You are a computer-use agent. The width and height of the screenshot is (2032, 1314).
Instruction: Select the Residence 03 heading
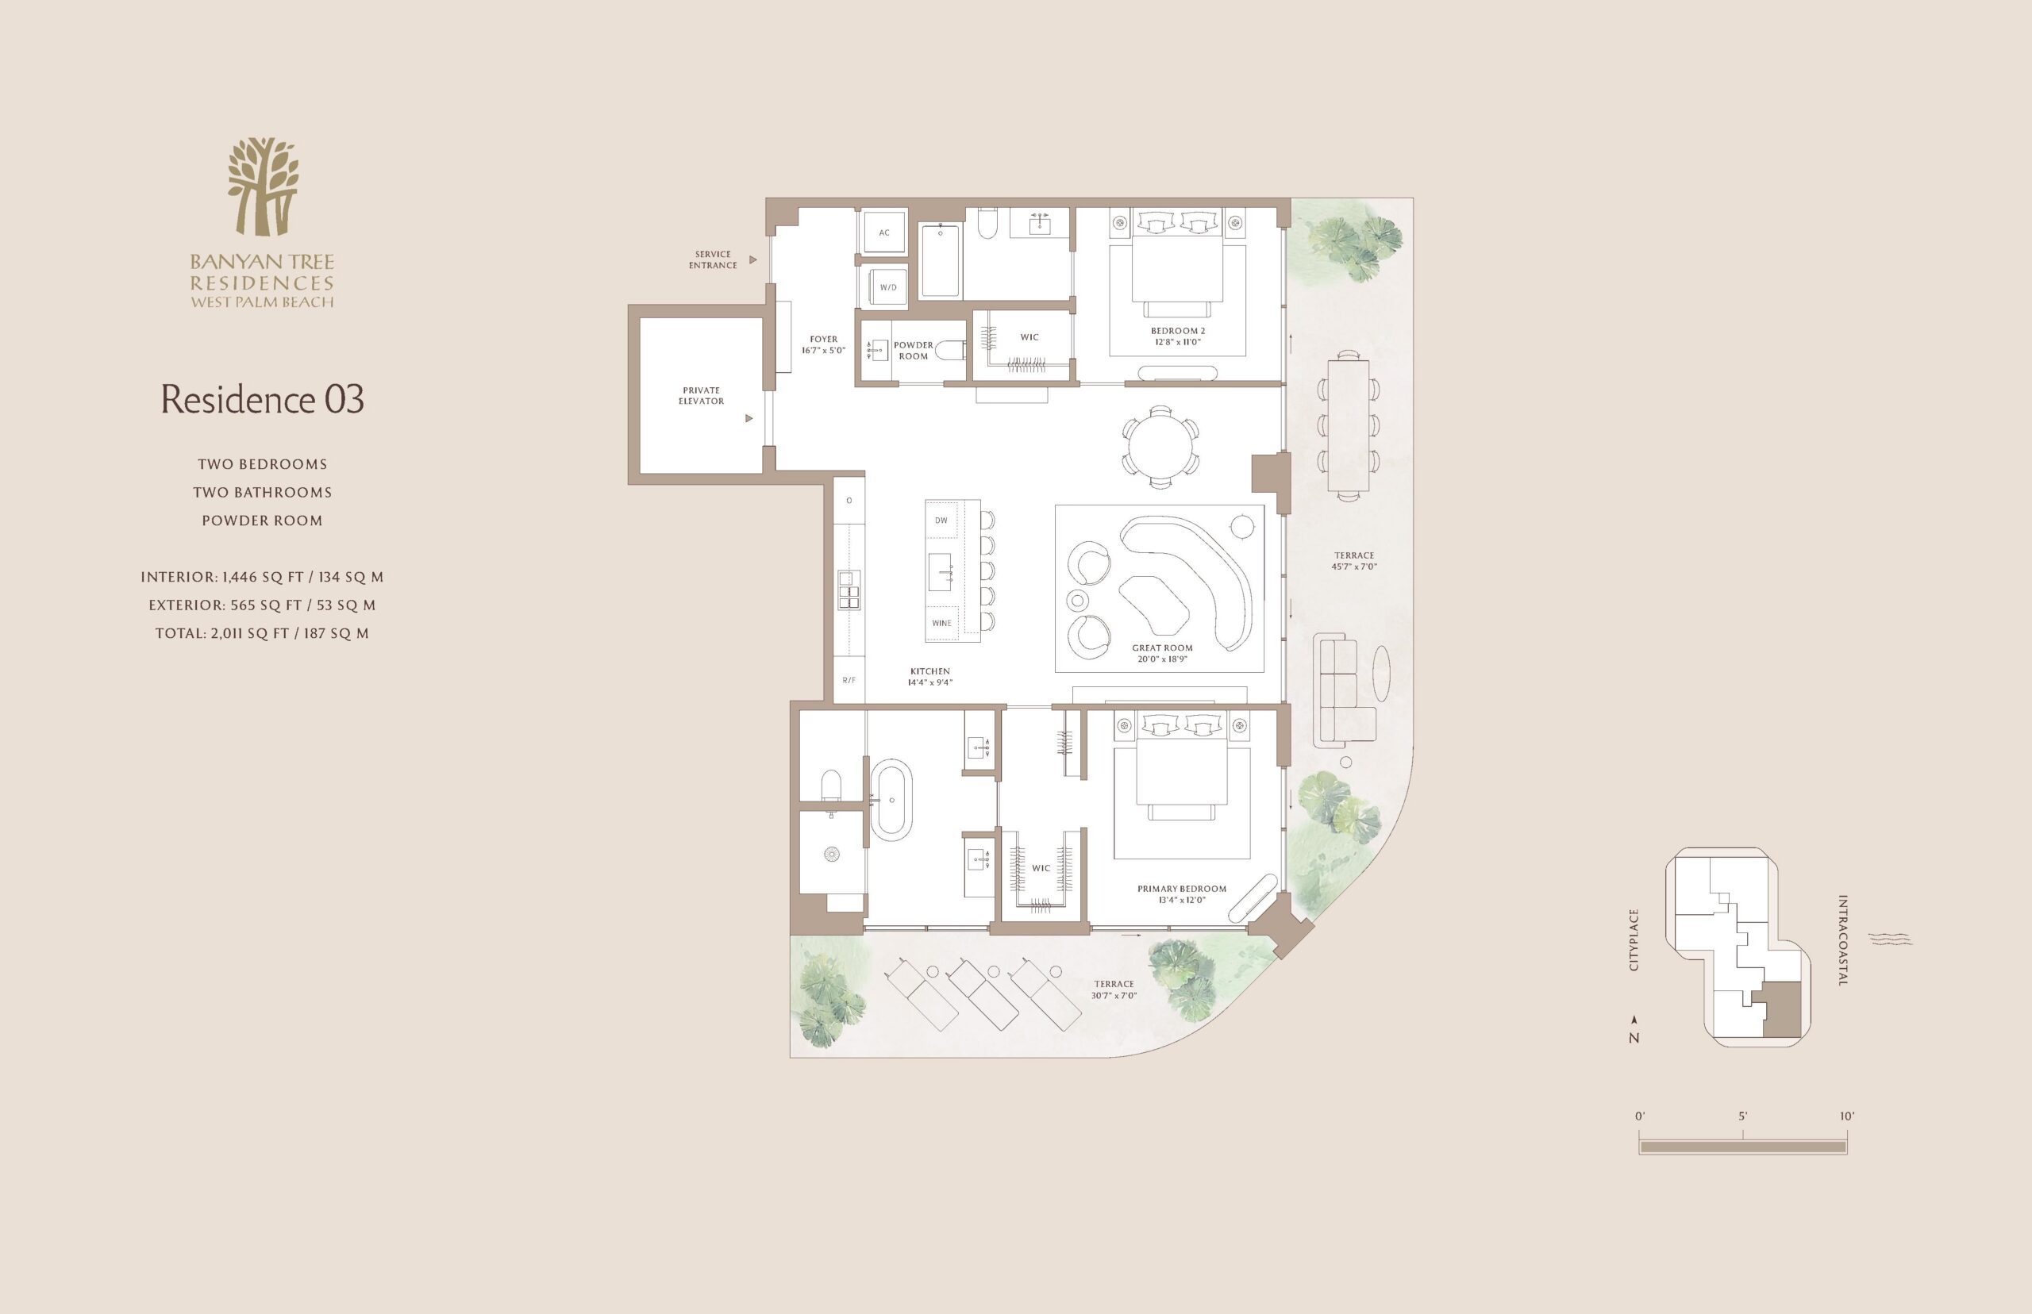pyautogui.click(x=263, y=399)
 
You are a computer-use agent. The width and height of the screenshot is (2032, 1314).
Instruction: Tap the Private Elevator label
pyautogui.click(x=702, y=396)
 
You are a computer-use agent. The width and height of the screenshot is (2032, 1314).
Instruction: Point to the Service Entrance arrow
pyautogui.click(x=752, y=259)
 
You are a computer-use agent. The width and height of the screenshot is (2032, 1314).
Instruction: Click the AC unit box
pyautogui.click(x=884, y=232)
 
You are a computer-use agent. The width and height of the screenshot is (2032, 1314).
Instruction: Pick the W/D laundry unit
pyautogui.click(x=887, y=286)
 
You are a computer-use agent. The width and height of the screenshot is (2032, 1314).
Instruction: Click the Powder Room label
pyautogui.click(x=913, y=351)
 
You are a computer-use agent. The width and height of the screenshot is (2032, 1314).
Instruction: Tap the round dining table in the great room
pyautogui.click(x=1160, y=447)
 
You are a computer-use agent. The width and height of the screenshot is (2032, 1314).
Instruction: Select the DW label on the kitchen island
pyautogui.click(x=941, y=521)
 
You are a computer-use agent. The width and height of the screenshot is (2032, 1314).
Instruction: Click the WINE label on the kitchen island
pyautogui.click(x=942, y=623)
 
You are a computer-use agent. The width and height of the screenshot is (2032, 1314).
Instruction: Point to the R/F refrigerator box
pyautogui.click(x=849, y=680)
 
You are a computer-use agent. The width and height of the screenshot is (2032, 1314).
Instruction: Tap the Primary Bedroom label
pyautogui.click(x=1182, y=894)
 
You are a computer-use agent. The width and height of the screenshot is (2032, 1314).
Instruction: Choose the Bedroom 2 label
pyautogui.click(x=1178, y=336)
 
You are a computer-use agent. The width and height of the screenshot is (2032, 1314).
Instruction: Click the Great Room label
pyautogui.click(x=1162, y=654)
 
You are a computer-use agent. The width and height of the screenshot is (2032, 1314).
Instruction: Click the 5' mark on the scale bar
pyautogui.click(x=1743, y=1116)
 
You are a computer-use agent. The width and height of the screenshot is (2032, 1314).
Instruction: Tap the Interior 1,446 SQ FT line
pyautogui.click(x=262, y=577)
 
